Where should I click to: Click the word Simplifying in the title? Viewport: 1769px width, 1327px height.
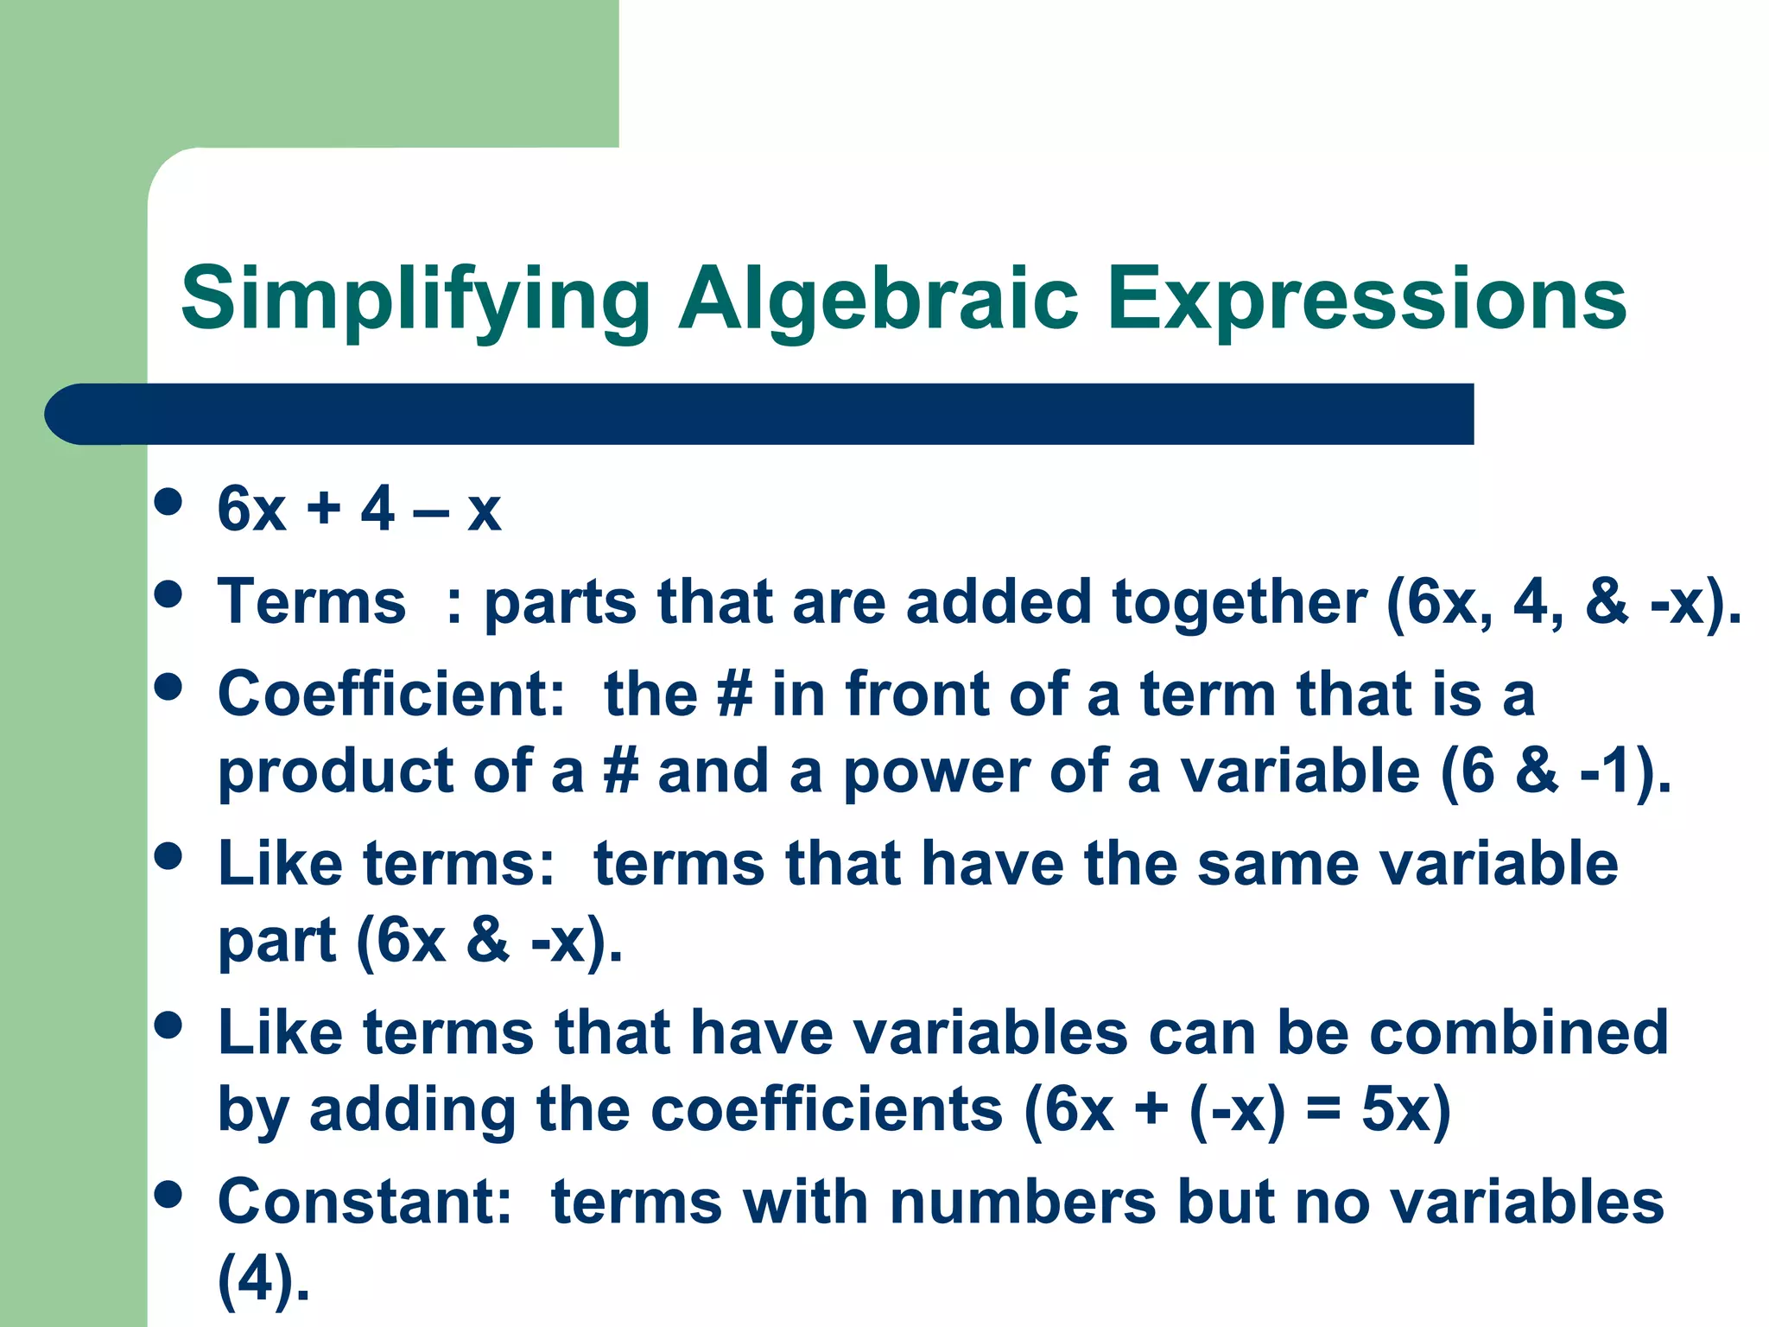coord(415,299)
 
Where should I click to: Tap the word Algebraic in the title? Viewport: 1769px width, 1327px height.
coord(878,299)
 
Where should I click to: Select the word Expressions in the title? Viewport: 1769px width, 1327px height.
coord(1366,299)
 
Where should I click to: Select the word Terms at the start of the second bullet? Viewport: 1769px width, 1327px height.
coord(312,601)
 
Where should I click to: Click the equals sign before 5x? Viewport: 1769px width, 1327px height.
coord(1323,1109)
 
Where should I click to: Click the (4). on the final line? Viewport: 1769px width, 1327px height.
coord(263,1279)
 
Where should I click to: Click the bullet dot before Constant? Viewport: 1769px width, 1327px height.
coord(168,1195)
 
